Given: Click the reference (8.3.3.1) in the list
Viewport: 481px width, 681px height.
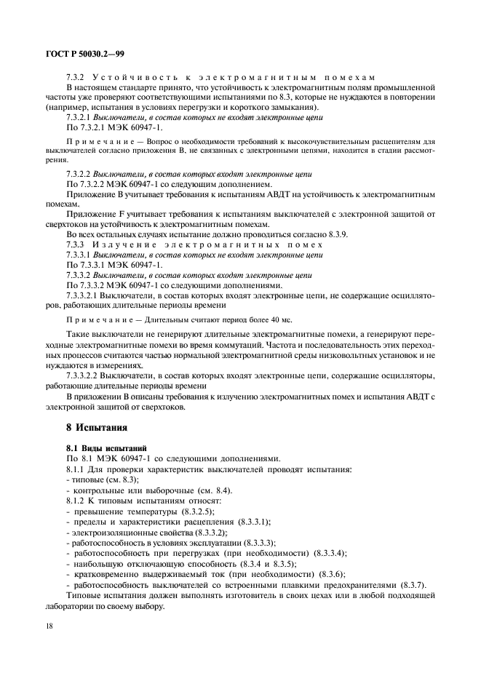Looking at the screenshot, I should click(248, 522).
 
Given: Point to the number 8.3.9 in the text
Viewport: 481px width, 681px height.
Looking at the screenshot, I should click(338, 235).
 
